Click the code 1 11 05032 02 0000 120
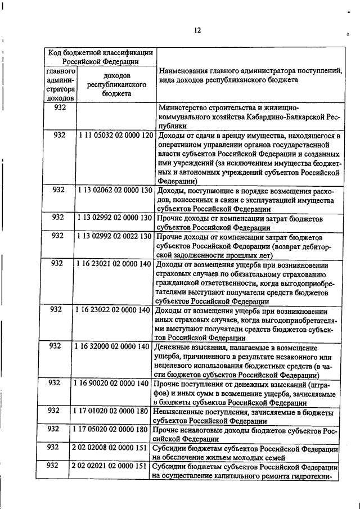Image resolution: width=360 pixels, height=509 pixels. [116, 136]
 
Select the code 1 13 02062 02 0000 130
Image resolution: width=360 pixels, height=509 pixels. [116, 190]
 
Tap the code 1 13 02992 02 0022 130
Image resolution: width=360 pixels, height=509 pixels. [116, 236]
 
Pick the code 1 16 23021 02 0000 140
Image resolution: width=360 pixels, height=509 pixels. [115, 263]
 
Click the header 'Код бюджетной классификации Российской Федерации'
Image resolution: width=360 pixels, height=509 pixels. [100, 57]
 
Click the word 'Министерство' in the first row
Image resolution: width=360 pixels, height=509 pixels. [184, 107]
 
